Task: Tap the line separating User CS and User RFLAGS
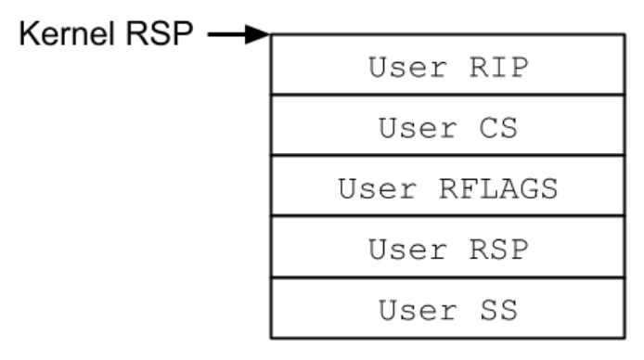(x=447, y=157)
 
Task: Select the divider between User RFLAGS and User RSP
(x=447, y=217)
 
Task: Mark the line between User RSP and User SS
(x=447, y=277)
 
